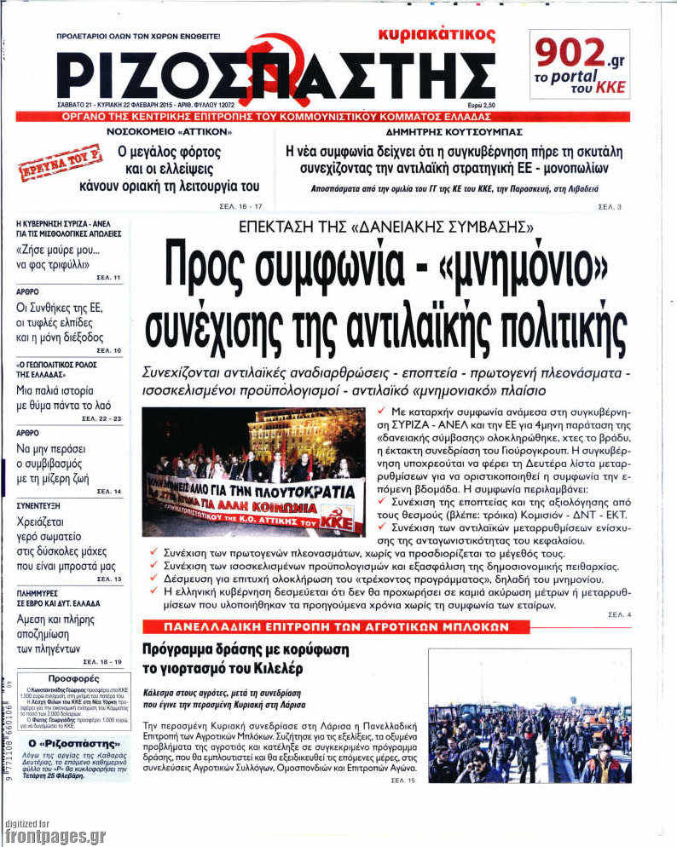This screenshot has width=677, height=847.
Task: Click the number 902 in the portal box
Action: [x=570, y=52]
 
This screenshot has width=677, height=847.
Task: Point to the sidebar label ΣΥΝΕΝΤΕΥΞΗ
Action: [x=39, y=505]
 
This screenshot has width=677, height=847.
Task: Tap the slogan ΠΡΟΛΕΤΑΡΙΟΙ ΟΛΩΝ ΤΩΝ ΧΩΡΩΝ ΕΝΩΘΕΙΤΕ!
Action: [x=137, y=37]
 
